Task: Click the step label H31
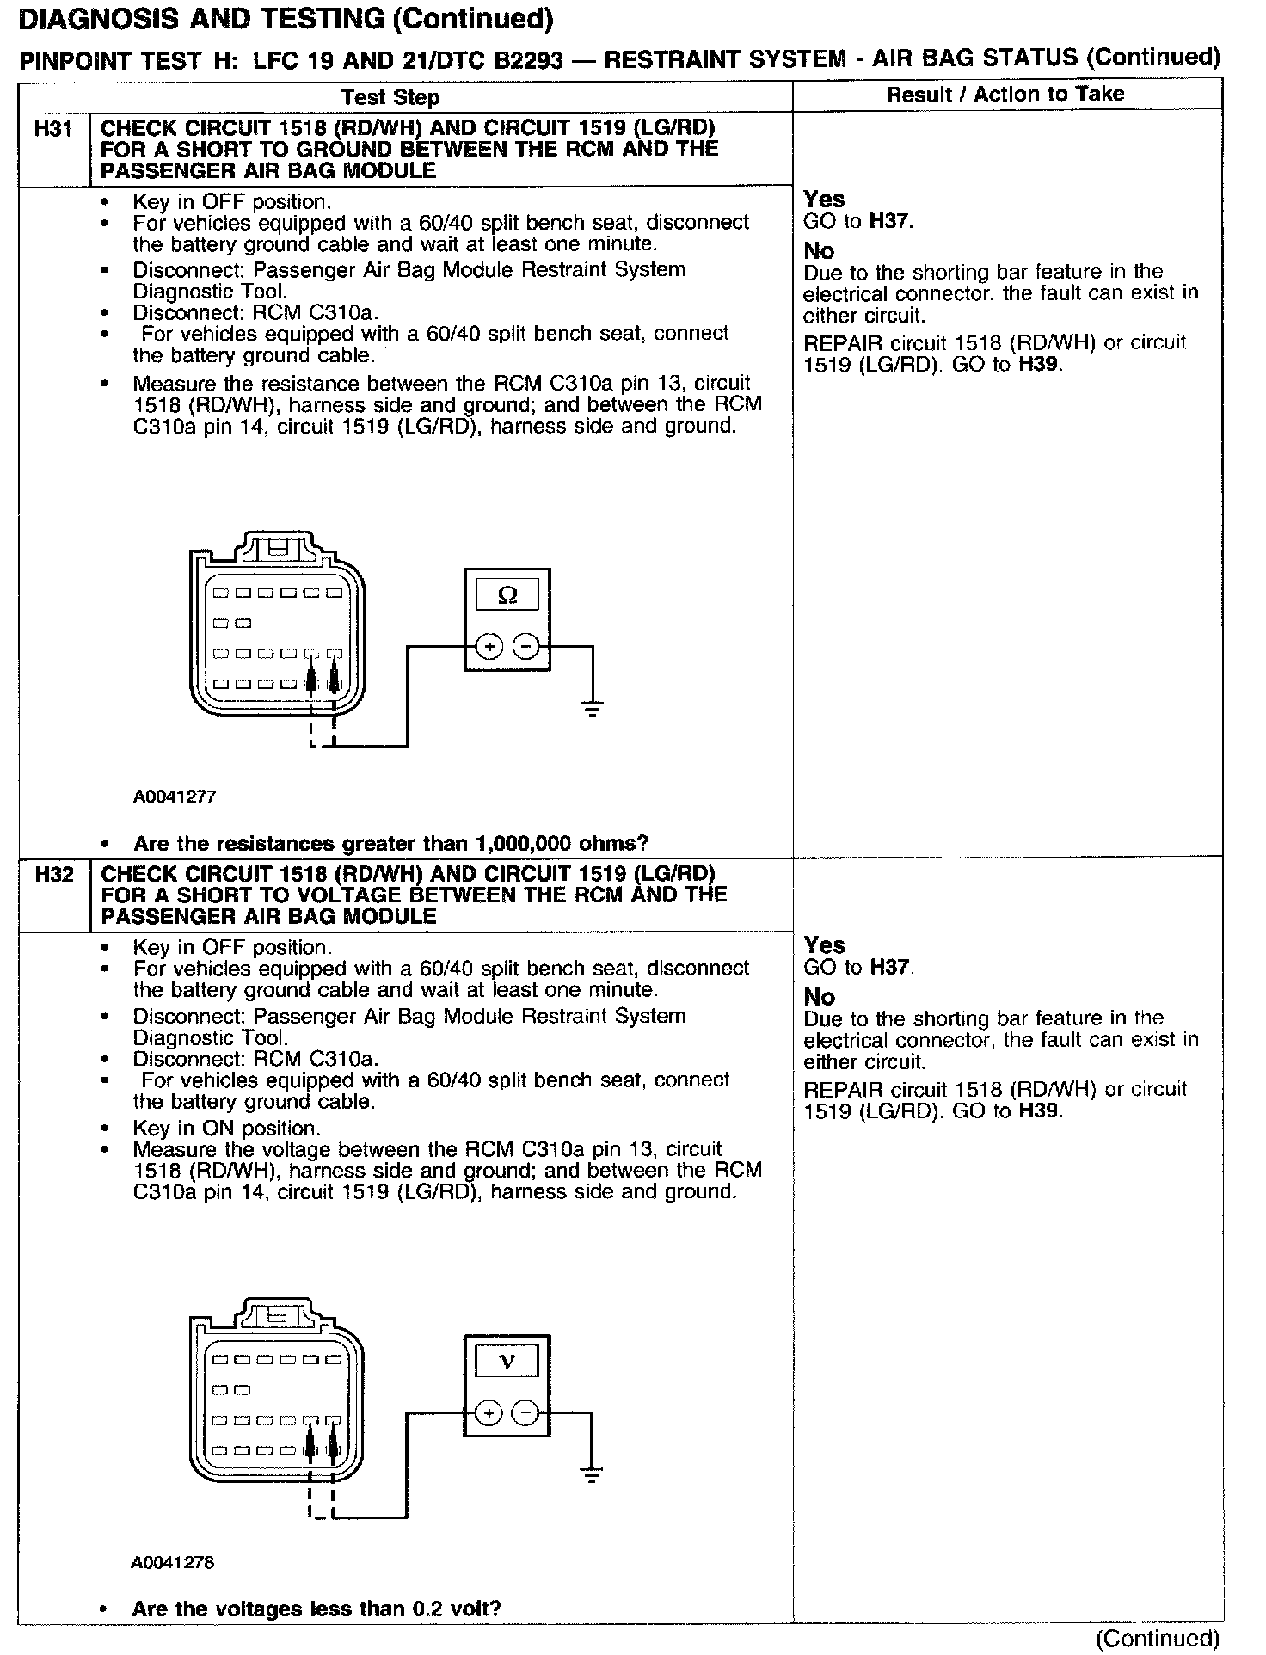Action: pos(53,130)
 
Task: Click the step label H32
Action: pos(53,876)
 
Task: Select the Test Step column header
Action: pos(390,97)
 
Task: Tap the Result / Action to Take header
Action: pos(1005,94)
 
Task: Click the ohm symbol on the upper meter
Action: pos(507,595)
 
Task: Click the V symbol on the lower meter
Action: pos(507,1361)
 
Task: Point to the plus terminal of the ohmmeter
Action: pos(489,646)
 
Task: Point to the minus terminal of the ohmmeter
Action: pos(525,646)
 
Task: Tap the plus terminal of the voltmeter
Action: pos(488,1412)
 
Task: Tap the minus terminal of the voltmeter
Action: pos(525,1412)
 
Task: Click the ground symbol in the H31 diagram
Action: pos(592,708)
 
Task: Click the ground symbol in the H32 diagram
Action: pos(592,1474)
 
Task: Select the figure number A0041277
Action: pos(174,797)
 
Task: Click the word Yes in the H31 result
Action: pos(824,200)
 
